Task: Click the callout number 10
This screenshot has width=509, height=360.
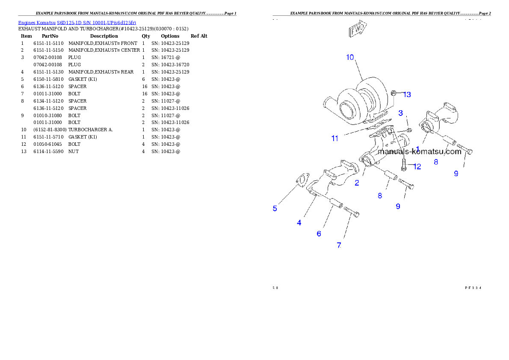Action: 350,57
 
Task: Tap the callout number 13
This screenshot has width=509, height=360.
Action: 407,94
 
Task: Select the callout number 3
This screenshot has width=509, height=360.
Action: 401,113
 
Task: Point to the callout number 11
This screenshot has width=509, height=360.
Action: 335,139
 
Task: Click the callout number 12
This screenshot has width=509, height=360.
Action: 417,167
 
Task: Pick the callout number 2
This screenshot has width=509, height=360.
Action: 357,183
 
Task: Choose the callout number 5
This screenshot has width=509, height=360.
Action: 275,209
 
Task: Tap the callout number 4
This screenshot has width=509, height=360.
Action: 299,223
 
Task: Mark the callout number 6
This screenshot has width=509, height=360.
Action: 319,233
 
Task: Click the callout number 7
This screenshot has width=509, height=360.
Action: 339,245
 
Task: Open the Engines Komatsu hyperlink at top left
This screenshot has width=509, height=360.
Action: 77,22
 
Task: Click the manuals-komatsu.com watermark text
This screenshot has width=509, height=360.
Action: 420,151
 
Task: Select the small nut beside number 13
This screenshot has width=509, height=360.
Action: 395,93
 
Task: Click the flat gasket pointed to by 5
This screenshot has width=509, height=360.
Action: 302,180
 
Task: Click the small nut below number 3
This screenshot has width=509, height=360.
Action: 408,129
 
